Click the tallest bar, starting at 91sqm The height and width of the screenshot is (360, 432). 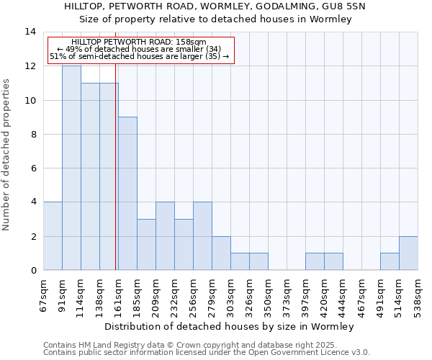(71, 168)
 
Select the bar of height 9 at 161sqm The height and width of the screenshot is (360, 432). (127, 194)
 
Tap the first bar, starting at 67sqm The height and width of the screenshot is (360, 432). (53, 236)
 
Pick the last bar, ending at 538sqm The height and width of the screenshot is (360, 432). (408, 253)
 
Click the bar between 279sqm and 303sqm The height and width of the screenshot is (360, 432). (221, 253)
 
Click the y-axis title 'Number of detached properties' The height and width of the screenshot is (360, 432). (8, 155)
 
